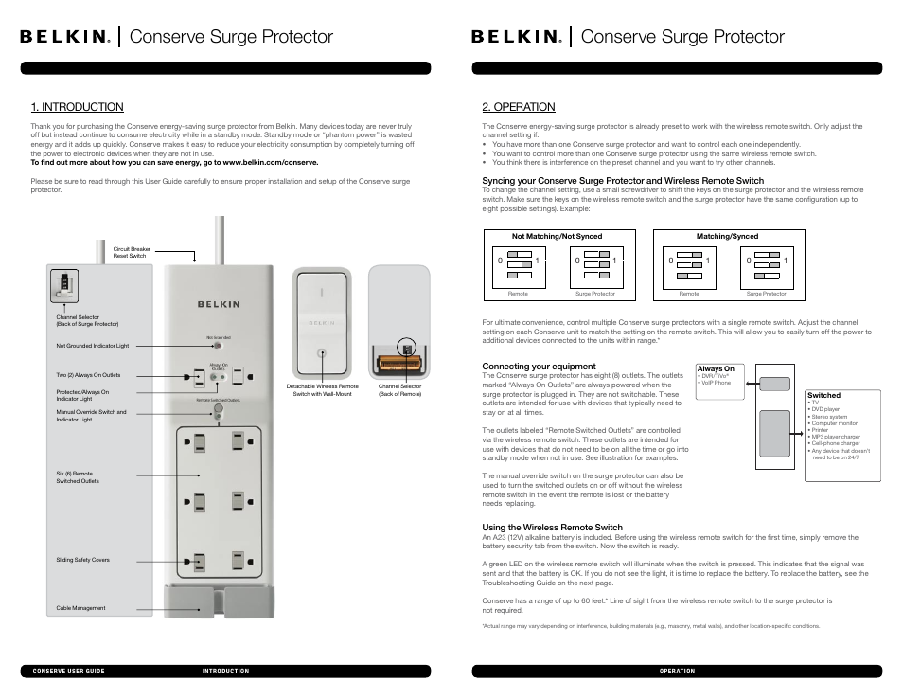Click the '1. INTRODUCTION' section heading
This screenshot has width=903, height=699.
point(77,107)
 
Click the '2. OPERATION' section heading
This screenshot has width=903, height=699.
point(518,107)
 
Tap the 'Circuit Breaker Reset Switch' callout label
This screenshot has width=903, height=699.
point(132,253)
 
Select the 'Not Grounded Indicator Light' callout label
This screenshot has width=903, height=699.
point(92,346)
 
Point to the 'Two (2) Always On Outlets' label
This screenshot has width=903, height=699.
point(88,375)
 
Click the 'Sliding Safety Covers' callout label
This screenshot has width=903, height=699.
point(82,560)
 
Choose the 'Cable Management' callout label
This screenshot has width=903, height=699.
point(80,608)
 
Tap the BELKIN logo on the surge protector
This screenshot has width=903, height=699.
point(218,304)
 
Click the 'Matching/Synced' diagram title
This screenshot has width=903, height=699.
point(727,236)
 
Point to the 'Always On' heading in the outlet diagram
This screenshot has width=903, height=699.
point(716,368)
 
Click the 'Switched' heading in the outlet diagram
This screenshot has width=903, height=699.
point(823,395)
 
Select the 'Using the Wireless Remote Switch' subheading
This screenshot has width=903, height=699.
point(552,528)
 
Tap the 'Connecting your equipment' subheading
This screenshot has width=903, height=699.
point(539,367)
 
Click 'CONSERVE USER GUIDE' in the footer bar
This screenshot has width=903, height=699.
point(68,672)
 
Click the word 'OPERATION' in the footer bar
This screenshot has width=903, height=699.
point(677,672)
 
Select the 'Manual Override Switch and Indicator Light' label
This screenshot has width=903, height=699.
point(91,416)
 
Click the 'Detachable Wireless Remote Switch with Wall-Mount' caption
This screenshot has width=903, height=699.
point(322,389)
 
